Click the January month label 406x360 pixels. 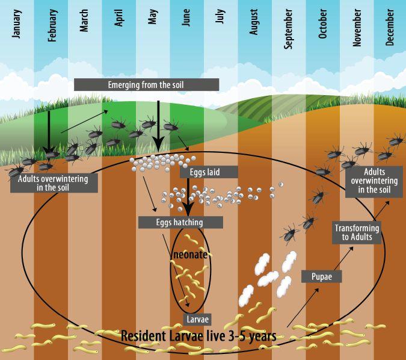16,24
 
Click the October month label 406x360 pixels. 323,24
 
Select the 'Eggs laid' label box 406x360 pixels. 209,172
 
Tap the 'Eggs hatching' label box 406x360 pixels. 180,222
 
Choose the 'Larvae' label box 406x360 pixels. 196,318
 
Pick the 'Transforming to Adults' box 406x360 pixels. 357,232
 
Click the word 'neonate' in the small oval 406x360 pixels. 190,255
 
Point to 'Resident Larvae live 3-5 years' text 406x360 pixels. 198,335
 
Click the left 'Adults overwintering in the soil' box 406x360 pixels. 53,183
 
